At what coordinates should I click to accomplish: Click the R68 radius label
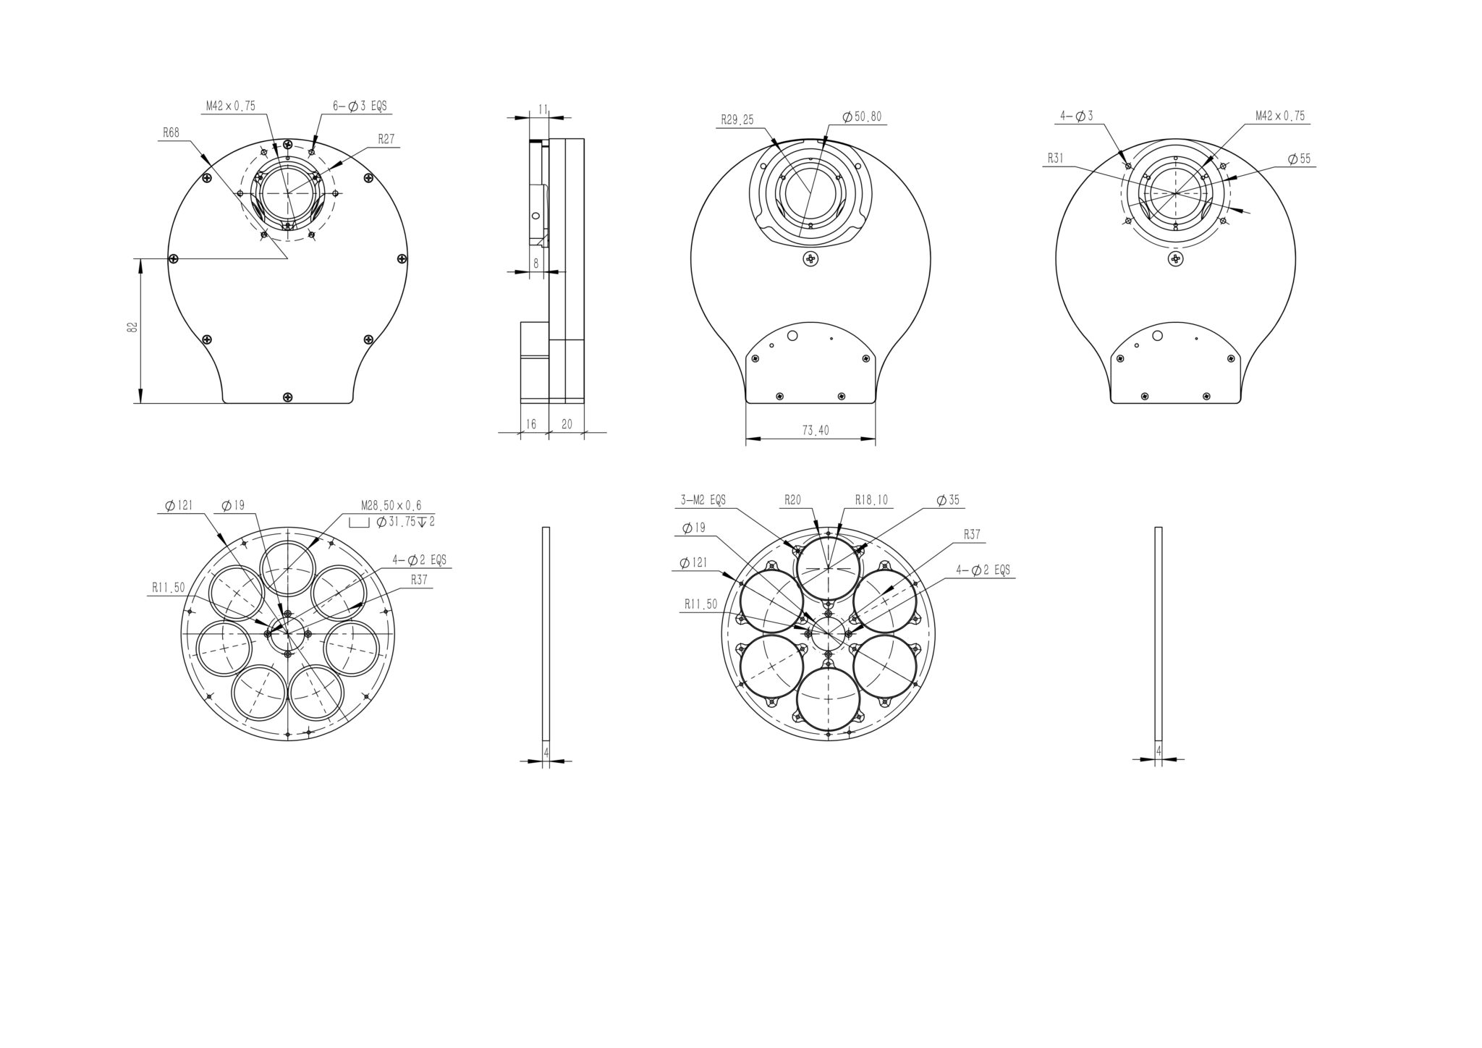pos(171,132)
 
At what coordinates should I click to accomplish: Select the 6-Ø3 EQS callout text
pos(360,106)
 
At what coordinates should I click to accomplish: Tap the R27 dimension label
pos(386,139)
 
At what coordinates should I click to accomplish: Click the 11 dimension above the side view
pos(542,109)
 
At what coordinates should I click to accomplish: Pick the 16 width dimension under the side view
pos(530,424)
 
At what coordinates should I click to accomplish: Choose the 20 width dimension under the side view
pos(567,424)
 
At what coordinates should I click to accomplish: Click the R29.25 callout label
pos(737,119)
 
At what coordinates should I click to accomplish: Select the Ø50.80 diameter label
pos(862,117)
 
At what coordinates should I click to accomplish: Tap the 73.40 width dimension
pos(816,431)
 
